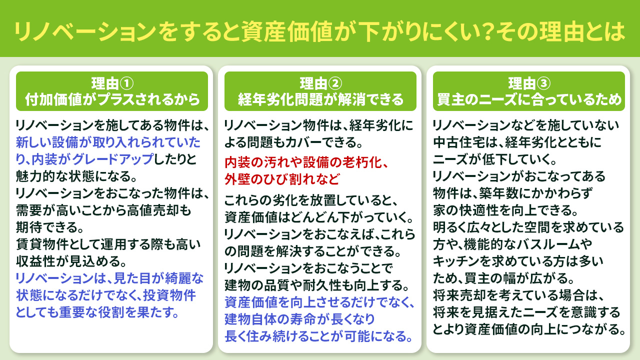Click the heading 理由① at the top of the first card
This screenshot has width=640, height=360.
(x=112, y=83)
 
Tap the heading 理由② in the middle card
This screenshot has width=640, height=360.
(x=320, y=83)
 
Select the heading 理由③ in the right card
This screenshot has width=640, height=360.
(x=529, y=83)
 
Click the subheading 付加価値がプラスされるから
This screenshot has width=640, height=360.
(x=112, y=99)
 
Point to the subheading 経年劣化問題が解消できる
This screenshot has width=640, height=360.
(x=320, y=99)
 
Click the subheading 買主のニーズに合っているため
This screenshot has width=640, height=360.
(x=529, y=99)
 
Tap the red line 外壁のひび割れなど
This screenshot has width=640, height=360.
(x=282, y=178)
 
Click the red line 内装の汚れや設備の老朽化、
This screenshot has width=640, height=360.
(x=306, y=163)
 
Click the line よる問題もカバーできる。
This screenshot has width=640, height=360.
(x=293, y=142)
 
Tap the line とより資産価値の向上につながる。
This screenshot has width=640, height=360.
(x=529, y=329)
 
